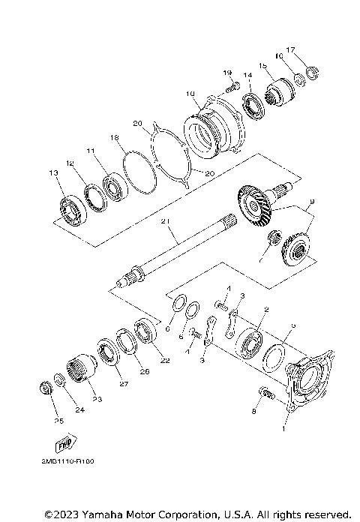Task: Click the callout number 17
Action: pyautogui.click(x=292, y=49)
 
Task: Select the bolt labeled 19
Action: pyautogui.click(x=232, y=88)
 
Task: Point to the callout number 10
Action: pyautogui.click(x=190, y=94)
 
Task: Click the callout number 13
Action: pyautogui.click(x=53, y=173)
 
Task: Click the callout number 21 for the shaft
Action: pyautogui.click(x=165, y=220)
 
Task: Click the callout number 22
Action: pyautogui.click(x=165, y=361)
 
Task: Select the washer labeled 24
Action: pyautogui.click(x=60, y=380)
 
